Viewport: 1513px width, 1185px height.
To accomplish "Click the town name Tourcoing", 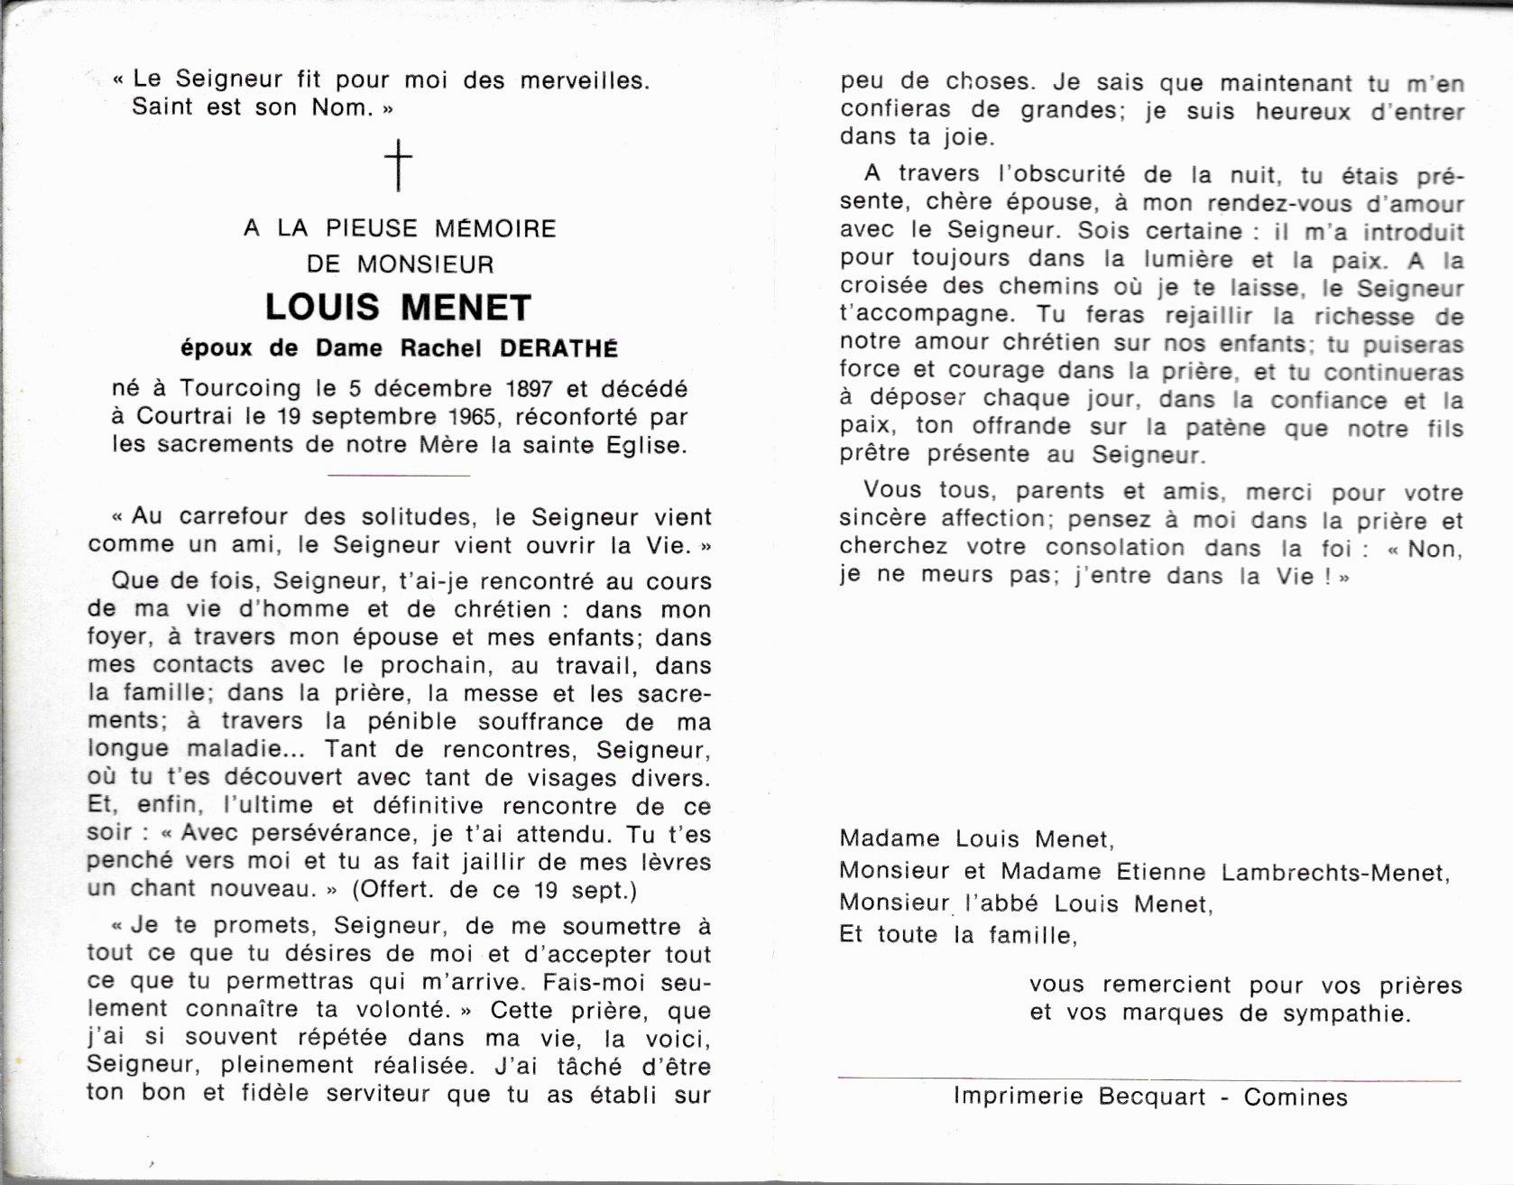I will click(239, 389).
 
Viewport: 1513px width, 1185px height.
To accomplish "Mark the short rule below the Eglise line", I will click(398, 475).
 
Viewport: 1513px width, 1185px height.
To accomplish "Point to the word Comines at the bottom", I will click(1296, 1097).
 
